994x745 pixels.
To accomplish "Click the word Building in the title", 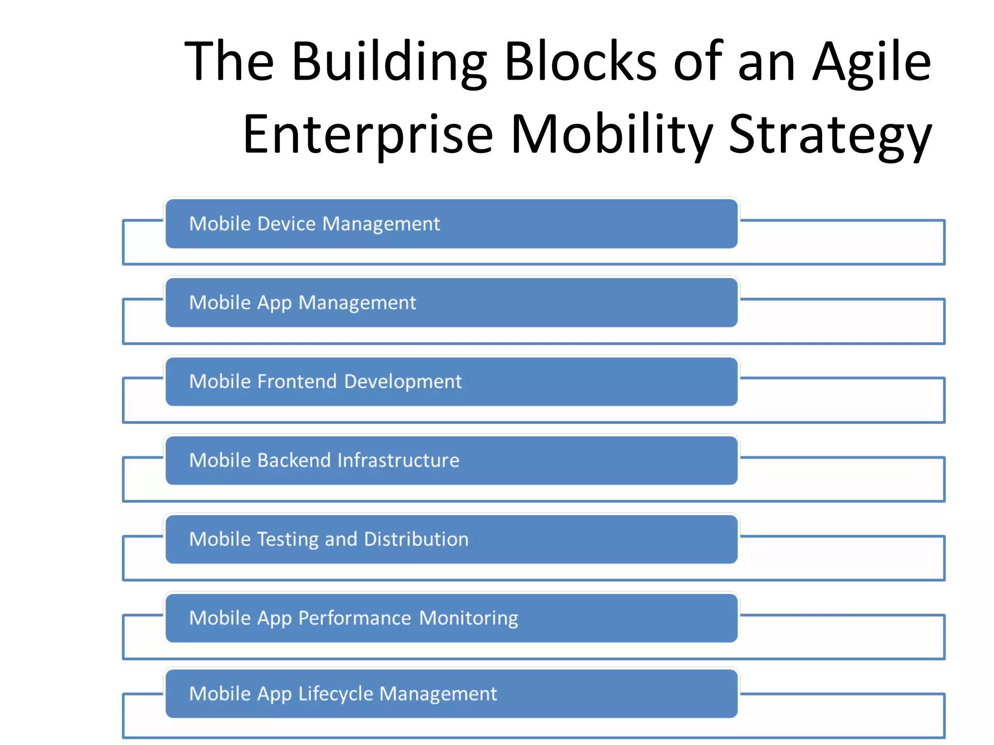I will point(389,62).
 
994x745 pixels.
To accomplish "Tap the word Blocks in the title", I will point(580,61).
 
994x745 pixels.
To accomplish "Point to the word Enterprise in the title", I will point(368,134).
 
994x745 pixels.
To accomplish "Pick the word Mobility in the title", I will point(612,134).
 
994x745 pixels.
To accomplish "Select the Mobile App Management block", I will point(451,303).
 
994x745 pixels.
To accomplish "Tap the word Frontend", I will point(297,381).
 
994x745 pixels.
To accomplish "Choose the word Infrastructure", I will point(398,460).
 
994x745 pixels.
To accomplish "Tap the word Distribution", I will point(416,539).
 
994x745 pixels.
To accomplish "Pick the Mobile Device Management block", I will point(451,224).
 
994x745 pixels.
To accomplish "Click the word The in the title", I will point(229,62).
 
